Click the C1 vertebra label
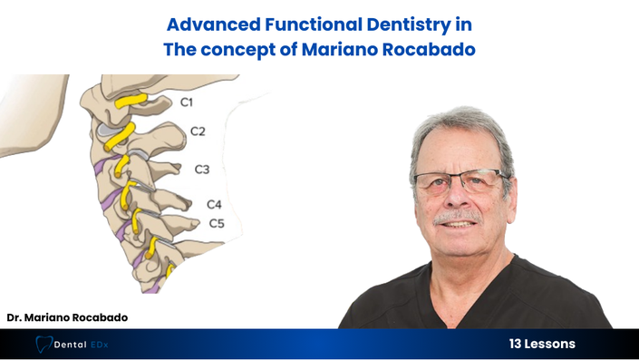point(186,102)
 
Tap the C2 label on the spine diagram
point(198,131)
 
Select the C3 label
point(202,170)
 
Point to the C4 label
point(214,204)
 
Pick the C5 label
point(217,223)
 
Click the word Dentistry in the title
point(408,25)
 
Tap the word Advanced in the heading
point(214,24)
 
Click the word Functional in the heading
point(314,24)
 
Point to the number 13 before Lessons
point(515,344)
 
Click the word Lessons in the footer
point(550,344)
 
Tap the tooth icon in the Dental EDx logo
point(44,344)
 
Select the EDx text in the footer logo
point(100,345)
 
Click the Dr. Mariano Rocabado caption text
point(67,317)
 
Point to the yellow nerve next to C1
point(131,101)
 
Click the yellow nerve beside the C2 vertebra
point(120,137)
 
